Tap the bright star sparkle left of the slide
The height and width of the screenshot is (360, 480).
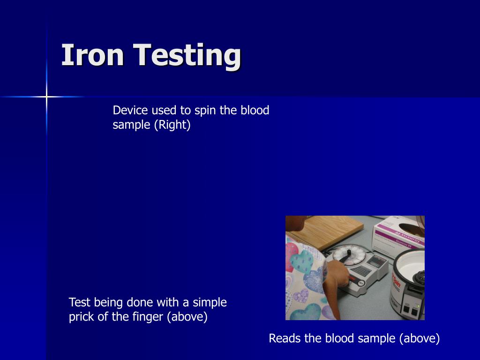tap(46, 97)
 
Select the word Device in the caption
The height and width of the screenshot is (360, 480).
tap(130, 111)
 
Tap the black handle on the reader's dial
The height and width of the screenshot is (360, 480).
tap(346, 256)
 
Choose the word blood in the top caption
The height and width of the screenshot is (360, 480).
tap(255, 111)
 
